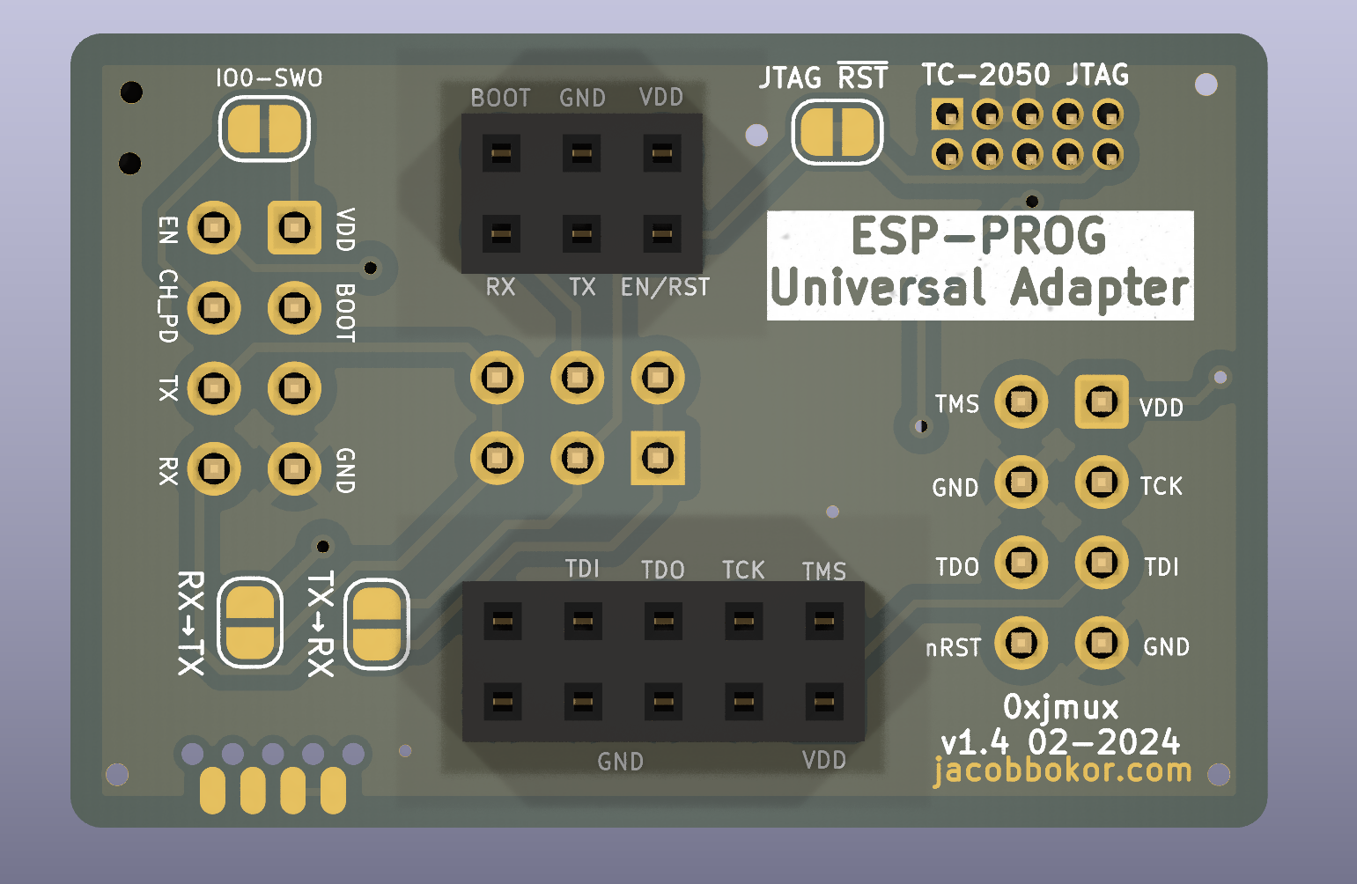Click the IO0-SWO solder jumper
tap(264, 129)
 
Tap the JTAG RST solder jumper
tap(837, 133)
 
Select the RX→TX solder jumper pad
tap(250, 623)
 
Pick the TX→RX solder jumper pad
tap(377, 623)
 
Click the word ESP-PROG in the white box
tap(978, 237)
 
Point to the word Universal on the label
tap(877, 288)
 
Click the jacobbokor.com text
tap(1062, 771)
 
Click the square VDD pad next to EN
tap(294, 228)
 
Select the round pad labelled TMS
tap(1021, 402)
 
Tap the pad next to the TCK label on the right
tap(1102, 483)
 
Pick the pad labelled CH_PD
tap(214, 308)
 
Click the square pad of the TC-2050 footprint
tap(948, 114)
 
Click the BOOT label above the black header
tap(500, 98)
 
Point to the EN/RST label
tap(665, 288)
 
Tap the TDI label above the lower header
tap(582, 569)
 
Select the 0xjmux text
tap(1061, 707)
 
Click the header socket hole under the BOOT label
tap(501, 153)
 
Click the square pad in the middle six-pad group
tap(658, 458)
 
